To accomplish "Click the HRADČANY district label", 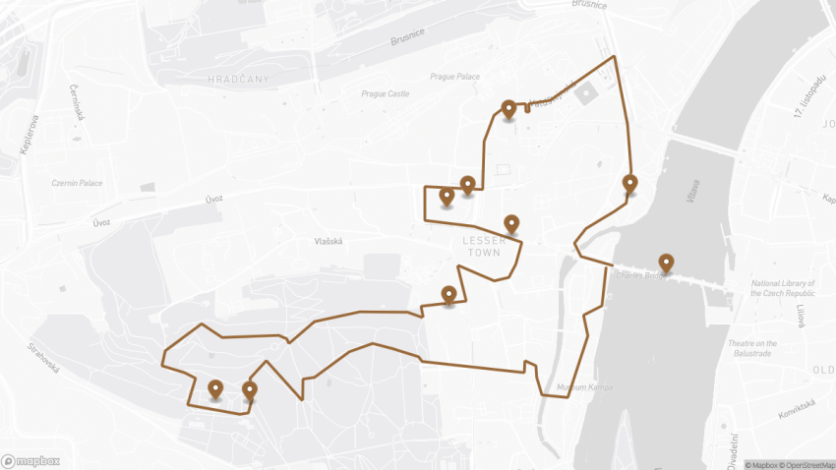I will click(x=238, y=79).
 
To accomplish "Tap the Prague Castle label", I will click(x=385, y=94).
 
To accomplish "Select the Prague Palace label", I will click(x=454, y=77).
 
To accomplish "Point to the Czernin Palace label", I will click(x=78, y=183).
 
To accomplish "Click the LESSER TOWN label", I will click(x=484, y=247).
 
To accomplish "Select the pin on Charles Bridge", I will click(x=666, y=264).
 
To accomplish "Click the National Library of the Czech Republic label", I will click(x=784, y=288).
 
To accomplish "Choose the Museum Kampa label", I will click(x=584, y=387).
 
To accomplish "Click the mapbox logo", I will click(x=30, y=460).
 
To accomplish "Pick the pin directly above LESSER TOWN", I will click(x=510, y=225).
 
